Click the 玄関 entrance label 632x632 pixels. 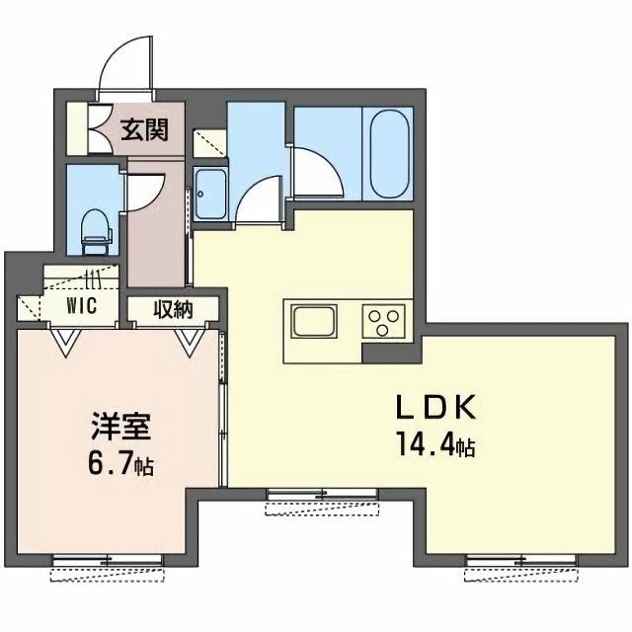(x=143, y=128)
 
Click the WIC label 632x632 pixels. (x=81, y=306)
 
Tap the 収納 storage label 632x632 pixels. (x=173, y=308)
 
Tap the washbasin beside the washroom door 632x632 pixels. (x=210, y=195)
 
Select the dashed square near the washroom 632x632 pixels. (x=208, y=143)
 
